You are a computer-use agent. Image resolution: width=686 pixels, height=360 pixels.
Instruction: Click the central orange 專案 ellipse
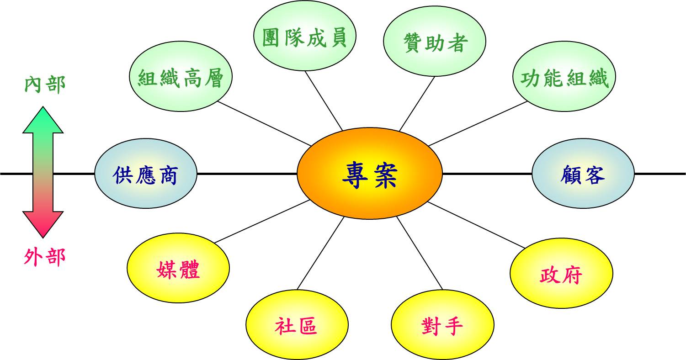pos(369,174)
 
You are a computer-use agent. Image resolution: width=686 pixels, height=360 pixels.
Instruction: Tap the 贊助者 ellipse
pos(434,43)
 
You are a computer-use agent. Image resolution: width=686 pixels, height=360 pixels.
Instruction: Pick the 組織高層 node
pos(181,79)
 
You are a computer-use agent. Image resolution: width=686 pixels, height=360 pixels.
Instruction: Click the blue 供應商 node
pos(145,174)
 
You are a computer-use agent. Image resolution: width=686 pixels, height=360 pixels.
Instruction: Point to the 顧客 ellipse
pos(583,174)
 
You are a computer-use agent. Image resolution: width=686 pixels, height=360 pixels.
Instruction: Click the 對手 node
pos(442,325)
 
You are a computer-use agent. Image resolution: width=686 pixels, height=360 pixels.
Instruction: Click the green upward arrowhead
pos(43,120)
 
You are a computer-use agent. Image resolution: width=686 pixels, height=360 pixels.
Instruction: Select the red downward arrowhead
pos(43,225)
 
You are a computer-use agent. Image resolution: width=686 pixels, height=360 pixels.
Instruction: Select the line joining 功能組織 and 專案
pos(478,123)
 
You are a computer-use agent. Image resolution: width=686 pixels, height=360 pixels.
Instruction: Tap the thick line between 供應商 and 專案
pos(247,174)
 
